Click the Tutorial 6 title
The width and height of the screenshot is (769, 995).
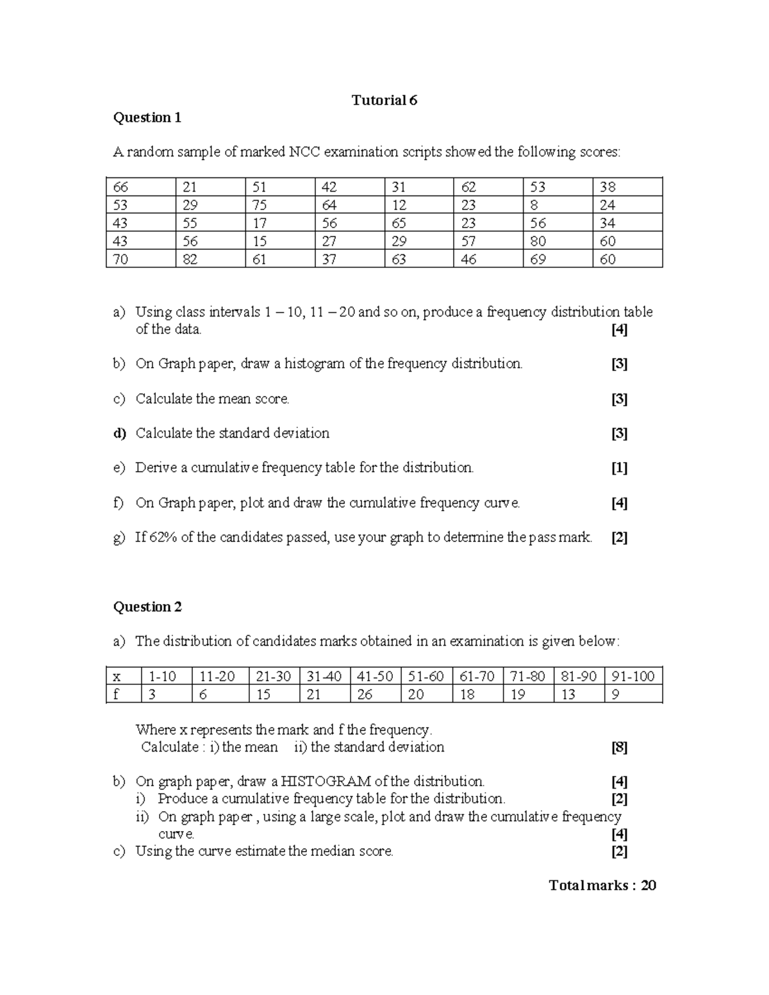[384, 100]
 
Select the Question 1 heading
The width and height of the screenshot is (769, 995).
[147, 117]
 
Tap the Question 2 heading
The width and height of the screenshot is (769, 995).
[147, 607]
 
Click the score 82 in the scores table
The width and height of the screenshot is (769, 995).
[190, 259]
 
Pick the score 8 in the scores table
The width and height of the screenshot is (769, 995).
[534, 205]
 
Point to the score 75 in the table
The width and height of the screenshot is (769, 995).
[259, 205]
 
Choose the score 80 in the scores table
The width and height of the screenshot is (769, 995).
[538, 242]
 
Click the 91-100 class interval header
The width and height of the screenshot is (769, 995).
[633, 677]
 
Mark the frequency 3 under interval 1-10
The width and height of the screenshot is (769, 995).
[151, 695]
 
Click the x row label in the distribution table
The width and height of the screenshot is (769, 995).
[117, 677]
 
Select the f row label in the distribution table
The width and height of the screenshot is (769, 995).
[116, 695]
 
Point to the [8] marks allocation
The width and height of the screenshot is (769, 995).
[619, 747]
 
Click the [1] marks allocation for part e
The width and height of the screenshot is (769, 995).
[619, 468]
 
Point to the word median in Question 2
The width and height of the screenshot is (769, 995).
[332, 851]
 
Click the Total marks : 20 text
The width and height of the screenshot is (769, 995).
[602, 885]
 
